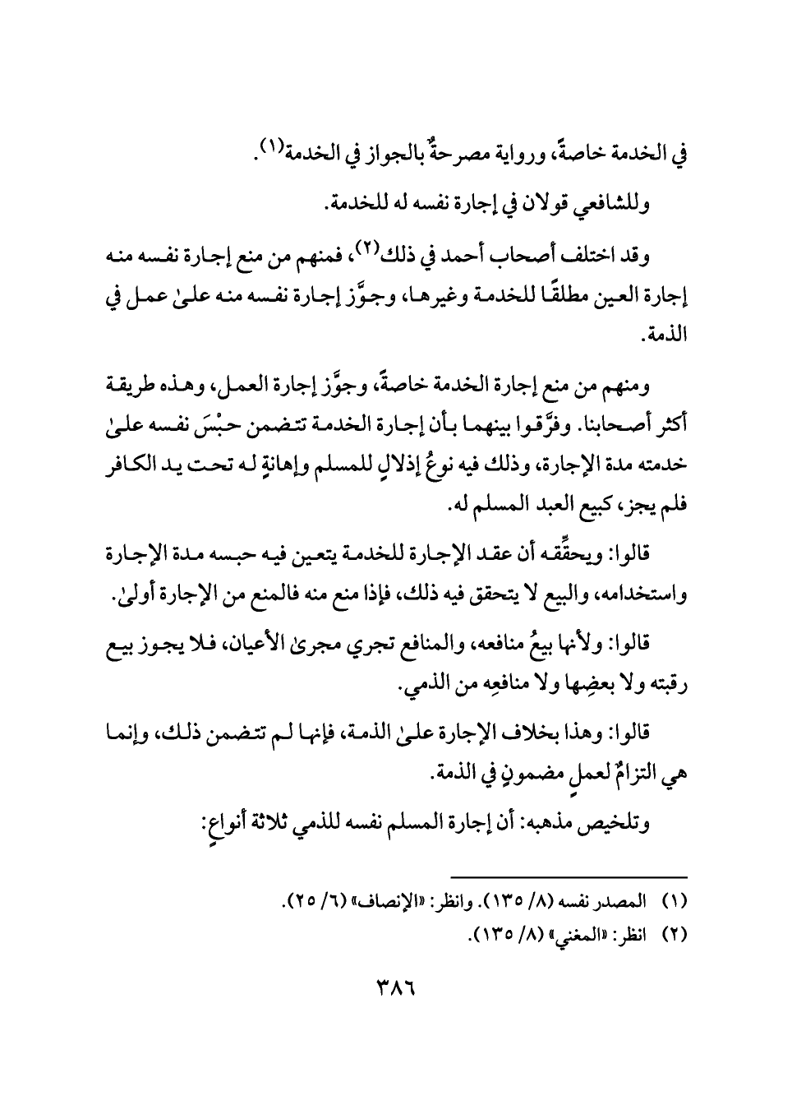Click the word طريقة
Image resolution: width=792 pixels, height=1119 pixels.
click(660, 384)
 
